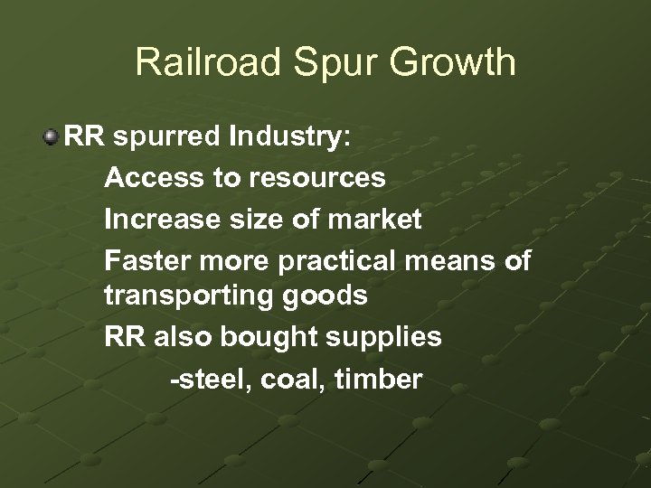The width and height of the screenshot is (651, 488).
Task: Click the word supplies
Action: point(392,337)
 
